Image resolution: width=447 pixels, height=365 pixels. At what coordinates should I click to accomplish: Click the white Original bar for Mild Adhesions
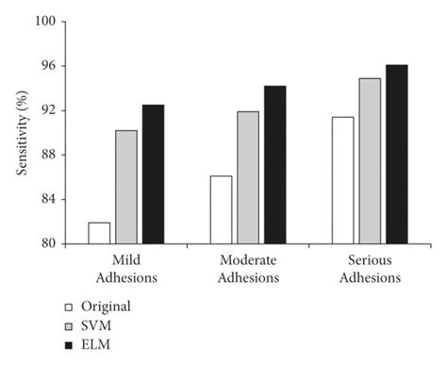pos(99,233)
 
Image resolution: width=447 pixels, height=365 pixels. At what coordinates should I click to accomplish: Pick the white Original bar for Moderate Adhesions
pos(221,209)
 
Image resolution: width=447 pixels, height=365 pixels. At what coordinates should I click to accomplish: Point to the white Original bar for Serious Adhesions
pos(342,180)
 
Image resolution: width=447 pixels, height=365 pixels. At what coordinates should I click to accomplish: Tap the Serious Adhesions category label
pos(370,268)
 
